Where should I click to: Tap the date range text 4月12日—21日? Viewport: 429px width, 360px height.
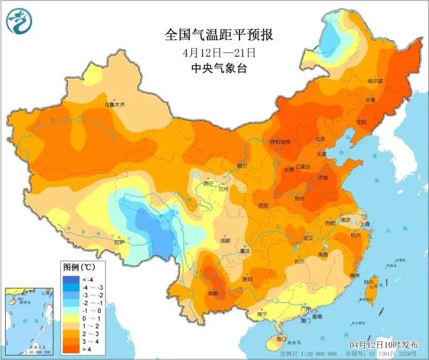[219, 52]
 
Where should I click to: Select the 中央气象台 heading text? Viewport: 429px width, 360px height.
[219, 68]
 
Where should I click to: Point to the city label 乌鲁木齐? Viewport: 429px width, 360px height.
[115, 105]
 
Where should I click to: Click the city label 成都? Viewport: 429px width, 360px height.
[225, 241]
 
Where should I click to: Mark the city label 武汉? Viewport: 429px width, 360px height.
[308, 238]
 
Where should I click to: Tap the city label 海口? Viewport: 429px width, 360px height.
[281, 338]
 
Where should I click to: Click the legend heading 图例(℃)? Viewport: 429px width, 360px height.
[78, 268]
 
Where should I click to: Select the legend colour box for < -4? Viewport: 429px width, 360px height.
[69, 279]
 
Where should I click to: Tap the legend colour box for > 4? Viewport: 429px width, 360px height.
[69, 351]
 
